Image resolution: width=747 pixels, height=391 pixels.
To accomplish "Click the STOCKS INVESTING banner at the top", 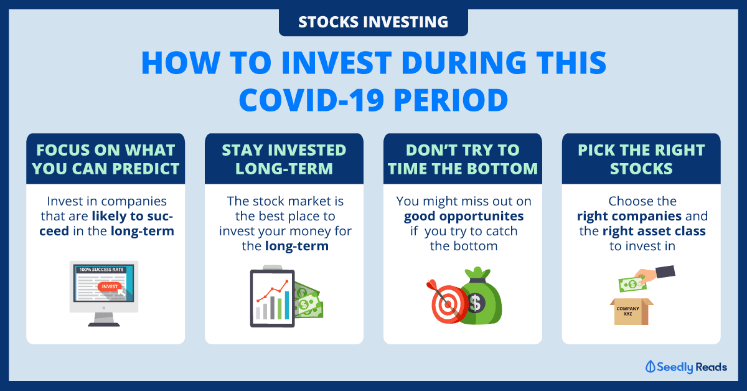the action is coord(373,22).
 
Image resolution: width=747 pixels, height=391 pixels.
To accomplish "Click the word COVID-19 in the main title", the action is coord(311,100).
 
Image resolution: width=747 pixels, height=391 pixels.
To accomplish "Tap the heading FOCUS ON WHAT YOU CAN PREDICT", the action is coord(106,159).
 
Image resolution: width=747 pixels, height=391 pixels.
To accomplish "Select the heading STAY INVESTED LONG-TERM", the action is coord(284,159).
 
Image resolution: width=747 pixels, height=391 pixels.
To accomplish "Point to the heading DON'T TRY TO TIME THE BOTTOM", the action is coord(463,159).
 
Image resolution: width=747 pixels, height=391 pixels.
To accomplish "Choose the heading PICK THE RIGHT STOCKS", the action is coord(641,159).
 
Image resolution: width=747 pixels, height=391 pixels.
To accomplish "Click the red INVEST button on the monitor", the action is coord(110,286).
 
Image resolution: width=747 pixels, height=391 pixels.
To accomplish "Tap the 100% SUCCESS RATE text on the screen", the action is coord(101,270).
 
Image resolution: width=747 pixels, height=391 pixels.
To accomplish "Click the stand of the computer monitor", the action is coord(104,319).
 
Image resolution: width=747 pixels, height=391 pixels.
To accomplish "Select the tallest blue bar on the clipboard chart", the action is coord(287,305).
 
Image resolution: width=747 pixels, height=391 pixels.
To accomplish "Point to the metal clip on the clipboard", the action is coord(273,268).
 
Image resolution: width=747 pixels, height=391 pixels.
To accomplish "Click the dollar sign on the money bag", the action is coord(475,303).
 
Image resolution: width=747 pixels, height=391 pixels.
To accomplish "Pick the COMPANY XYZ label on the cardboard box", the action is coord(627,311).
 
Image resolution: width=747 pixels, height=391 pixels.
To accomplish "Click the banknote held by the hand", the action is coord(632,285).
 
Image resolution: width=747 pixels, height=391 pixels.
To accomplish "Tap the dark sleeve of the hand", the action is coord(665,271).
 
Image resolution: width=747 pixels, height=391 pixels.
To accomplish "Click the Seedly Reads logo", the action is coord(686,367).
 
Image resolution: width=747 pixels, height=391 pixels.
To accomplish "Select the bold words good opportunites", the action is coord(464,216).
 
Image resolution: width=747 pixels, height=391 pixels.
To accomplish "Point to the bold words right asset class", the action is coord(654,231).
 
